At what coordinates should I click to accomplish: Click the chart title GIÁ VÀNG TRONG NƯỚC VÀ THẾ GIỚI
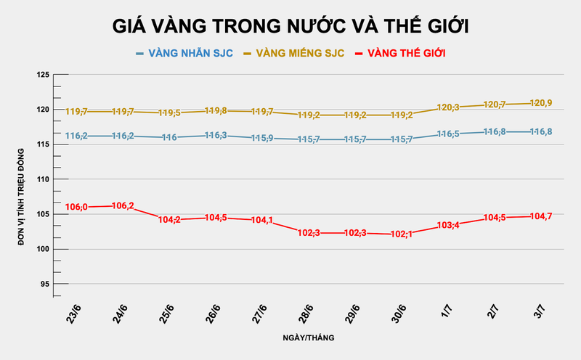point(290,26)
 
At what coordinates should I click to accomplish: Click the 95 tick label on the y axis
point(44,284)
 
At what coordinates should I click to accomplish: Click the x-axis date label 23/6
point(73,316)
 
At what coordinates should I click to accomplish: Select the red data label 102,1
point(402,234)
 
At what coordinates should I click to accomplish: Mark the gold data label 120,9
point(541,103)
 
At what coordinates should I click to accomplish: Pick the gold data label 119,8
point(216,111)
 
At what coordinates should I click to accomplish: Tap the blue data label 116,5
point(448,134)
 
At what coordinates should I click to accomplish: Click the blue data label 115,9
point(262,138)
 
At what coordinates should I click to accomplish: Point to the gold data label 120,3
point(448,107)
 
